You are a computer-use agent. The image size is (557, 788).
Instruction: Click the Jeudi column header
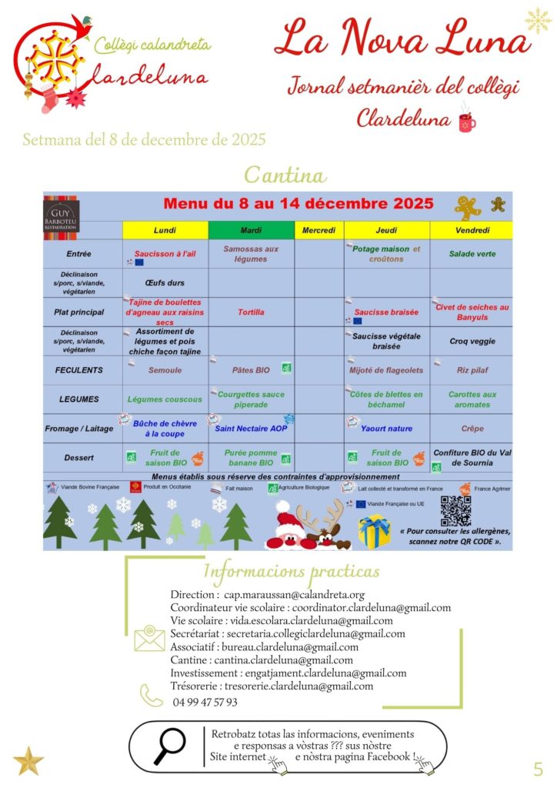coord(387,230)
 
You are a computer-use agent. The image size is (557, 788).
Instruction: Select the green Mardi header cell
coord(251,230)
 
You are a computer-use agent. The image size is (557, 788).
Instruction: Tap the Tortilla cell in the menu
coord(251,312)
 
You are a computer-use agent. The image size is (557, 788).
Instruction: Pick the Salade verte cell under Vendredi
coord(472,254)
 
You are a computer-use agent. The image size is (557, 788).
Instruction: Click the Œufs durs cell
coord(165,282)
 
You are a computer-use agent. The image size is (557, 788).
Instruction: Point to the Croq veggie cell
coord(472,341)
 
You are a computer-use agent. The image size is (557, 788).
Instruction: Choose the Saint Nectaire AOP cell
coord(251,428)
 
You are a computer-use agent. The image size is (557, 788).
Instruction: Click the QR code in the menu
coord(455,511)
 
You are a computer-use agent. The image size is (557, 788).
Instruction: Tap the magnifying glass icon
coord(169,746)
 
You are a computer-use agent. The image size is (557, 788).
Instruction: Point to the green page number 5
coord(537,768)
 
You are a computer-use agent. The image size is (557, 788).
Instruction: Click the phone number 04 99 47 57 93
coord(205,702)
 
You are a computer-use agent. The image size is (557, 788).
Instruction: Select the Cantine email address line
coord(262,659)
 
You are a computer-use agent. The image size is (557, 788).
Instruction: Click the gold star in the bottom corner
coord(28,760)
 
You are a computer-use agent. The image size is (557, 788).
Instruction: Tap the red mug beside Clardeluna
coord(466,122)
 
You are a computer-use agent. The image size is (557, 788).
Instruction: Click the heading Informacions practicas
coord(291,572)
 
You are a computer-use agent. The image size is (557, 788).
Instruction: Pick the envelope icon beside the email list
coord(149,639)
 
